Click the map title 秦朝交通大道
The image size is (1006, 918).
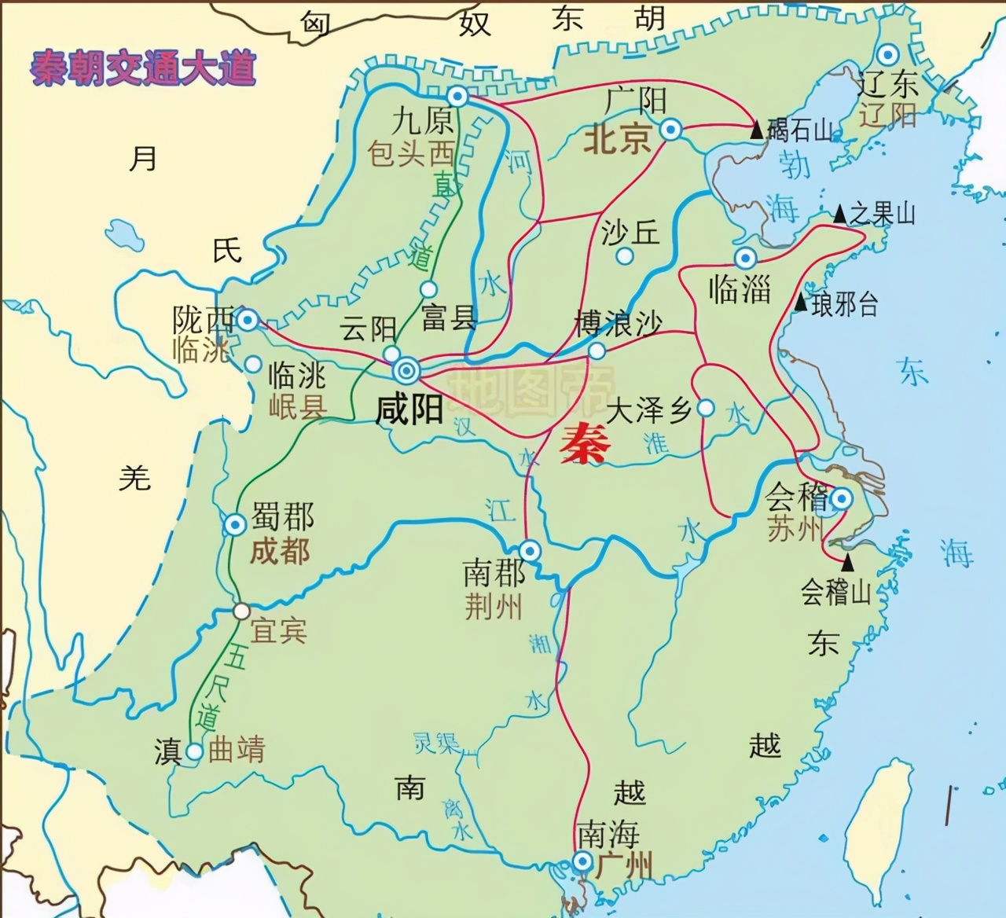coord(143,68)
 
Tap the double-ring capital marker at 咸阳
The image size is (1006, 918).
coord(407,370)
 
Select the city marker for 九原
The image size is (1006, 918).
coord(457,97)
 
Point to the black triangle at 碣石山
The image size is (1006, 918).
coord(756,130)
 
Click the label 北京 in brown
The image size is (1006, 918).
coord(617,140)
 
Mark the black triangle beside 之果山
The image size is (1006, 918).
coord(839,214)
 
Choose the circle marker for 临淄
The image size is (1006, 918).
coord(745,258)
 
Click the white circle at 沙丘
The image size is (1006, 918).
coord(625,255)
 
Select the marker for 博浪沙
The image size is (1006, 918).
coord(597,350)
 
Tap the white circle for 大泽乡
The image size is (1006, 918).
coord(706,408)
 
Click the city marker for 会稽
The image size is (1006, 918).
coord(841,498)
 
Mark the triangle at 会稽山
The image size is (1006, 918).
coord(847,563)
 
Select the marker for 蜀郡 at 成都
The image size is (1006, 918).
coord(235,524)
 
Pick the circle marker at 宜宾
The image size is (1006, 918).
coord(242,611)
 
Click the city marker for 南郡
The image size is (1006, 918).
coord(531,551)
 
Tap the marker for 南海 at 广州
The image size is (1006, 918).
coord(582,862)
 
